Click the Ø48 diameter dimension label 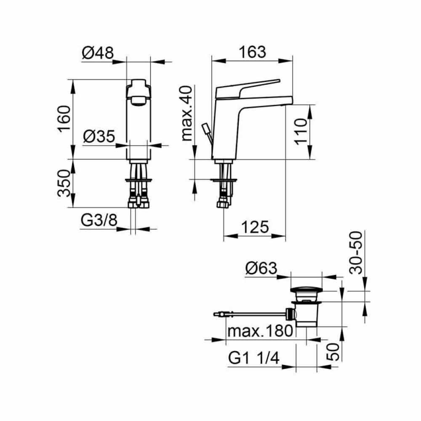pyautogui.click(x=98, y=53)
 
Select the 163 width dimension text pyautogui.click(x=252, y=52)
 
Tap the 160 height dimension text pyautogui.click(x=64, y=119)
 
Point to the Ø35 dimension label pyautogui.click(x=99, y=136)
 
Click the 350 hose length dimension pyautogui.click(x=64, y=183)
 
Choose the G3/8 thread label pyautogui.click(x=99, y=221)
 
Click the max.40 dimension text pyautogui.click(x=187, y=113)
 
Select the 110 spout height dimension pyautogui.click(x=301, y=131)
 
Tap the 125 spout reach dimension pyautogui.click(x=255, y=227)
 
